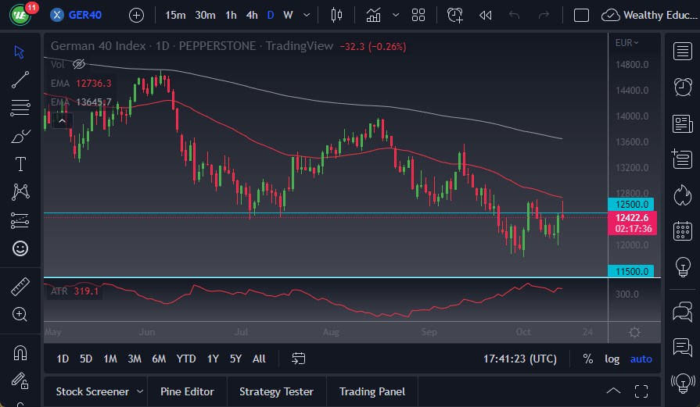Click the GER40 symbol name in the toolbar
pyautogui.click(x=85, y=15)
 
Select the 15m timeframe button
pyautogui.click(x=176, y=15)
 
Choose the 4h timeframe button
pyautogui.click(x=251, y=15)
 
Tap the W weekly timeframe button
pyautogui.click(x=288, y=15)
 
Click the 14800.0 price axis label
pyautogui.click(x=632, y=64)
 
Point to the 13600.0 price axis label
pyautogui.click(x=632, y=141)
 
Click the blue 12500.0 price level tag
pyautogui.click(x=631, y=204)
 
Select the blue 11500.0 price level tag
pyautogui.click(x=631, y=271)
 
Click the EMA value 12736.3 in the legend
pyautogui.click(x=94, y=84)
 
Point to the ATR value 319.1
pyautogui.click(x=86, y=291)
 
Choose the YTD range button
pyautogui.click(x=186, y=359)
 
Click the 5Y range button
pyautogui.click(x=235, y=359)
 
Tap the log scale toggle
pyautogui.click(x=612, y=359)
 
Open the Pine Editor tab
pyautogui.click(x=186, y=391)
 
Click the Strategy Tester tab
pyautogui.click(x=276, y=391)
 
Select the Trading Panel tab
pyautogui.click(x=371, y=391)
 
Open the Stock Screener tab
pyautogui.click(x=92, y=391)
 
